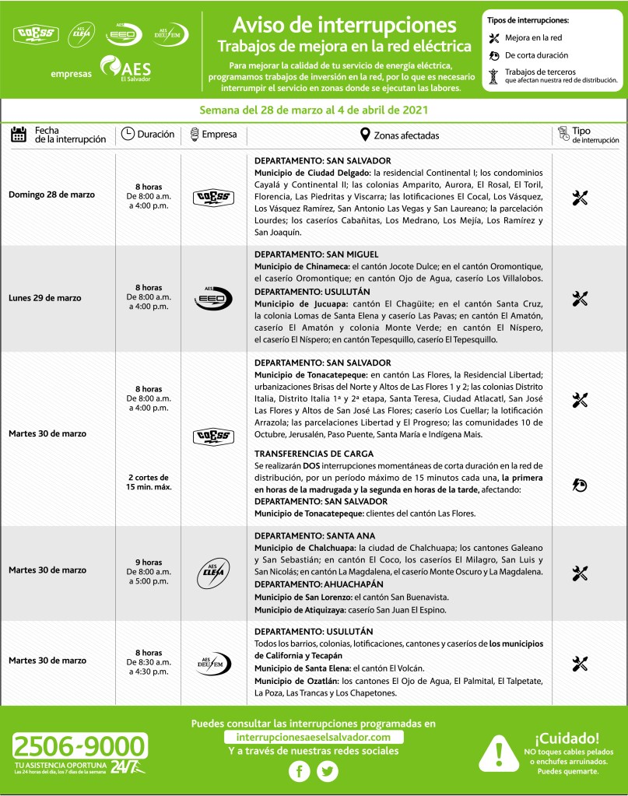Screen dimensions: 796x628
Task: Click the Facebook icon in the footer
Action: [300, 771]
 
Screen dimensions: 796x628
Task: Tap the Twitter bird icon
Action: [328, 771]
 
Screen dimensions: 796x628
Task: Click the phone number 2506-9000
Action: [79, 748]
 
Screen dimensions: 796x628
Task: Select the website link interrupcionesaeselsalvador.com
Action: [314, 737]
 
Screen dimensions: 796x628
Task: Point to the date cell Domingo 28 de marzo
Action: [51, 195]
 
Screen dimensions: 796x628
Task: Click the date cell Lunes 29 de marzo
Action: [45, 298]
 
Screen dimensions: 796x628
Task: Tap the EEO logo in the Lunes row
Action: [212, 298]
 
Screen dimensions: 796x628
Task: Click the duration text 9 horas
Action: [148, 562]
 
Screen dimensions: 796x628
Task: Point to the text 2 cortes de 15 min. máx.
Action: [148, 482]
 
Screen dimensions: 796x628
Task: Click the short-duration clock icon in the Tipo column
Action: [580, 485]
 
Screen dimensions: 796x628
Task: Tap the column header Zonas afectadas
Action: [399, 135]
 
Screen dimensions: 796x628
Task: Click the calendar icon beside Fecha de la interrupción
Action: [19, 135]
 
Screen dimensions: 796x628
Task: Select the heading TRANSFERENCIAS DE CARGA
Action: [314, 454]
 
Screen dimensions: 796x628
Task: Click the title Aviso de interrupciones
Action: [344, 23]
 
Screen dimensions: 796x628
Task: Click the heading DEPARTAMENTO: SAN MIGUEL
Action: [316, 254]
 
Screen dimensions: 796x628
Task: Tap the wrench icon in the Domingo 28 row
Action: [580, 198]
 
